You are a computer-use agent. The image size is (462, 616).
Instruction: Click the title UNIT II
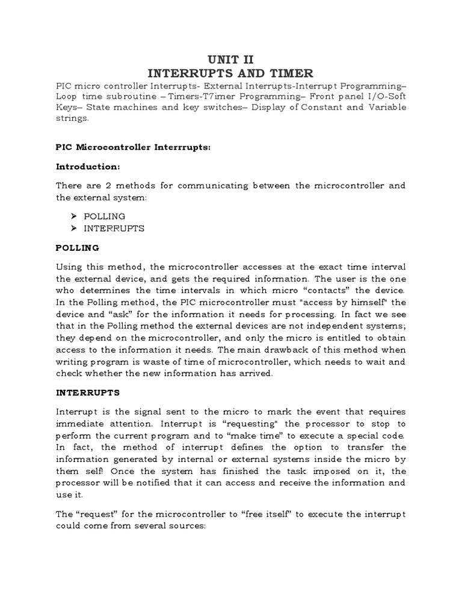point(231,59)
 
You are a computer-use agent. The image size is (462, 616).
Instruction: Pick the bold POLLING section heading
point(78,248)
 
